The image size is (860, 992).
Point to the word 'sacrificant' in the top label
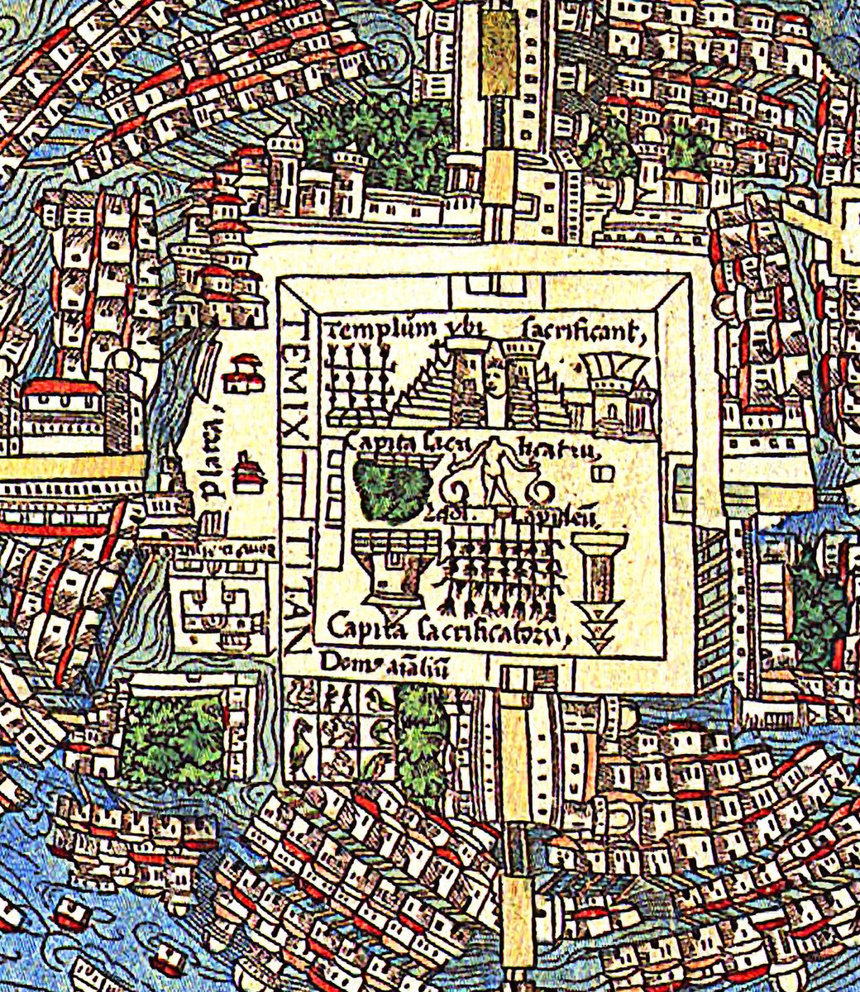click(x=582, y=331)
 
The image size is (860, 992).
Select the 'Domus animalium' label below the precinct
click(x=384, y=666)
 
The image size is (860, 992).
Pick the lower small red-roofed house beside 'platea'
click(x=246, y=475)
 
